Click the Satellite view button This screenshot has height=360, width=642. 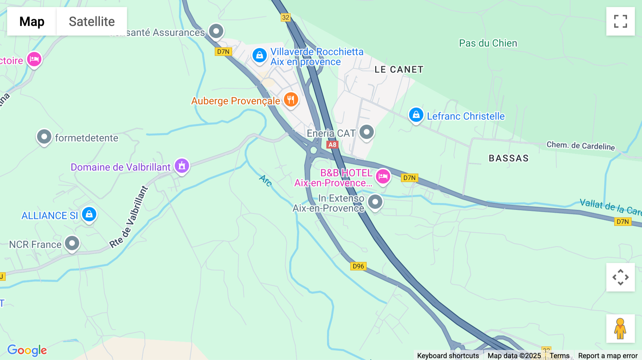tap(92, 21)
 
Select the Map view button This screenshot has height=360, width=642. tap(32, 21)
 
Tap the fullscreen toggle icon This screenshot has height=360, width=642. tap(620, 21)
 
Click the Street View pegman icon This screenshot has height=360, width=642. tap(620, 329)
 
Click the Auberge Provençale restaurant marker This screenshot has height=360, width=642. tap(291, 100)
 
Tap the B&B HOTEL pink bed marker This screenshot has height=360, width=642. tap(383, 176)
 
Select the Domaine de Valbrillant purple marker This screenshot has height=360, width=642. tap(182, 166)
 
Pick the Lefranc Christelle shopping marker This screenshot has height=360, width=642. tap(416, 115)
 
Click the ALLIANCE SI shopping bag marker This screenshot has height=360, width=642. tap(89, 215)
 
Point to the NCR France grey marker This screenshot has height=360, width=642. tap(72, 244)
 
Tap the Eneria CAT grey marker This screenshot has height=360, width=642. tap(367, 132)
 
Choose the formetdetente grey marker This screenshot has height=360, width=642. tap(44, 137)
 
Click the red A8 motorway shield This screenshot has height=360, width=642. tap(332, 145)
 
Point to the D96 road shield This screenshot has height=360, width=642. tap(358, 266)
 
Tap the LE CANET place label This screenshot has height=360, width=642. tap(399, 70)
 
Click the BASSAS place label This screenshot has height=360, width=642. tap(509, 158)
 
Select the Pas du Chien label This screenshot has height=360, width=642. tap(488, 43)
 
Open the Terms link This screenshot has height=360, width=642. tap(559, 356)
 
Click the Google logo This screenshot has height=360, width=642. tap(27, 350)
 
